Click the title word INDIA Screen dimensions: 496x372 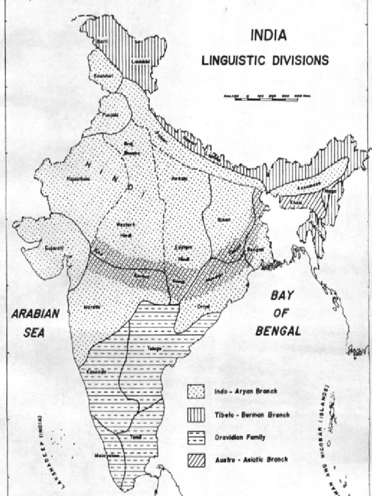[x=268, y=36]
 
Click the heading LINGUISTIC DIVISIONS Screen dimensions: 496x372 [x=265, y=61]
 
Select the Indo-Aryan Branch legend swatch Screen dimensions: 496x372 [x=196, y=391]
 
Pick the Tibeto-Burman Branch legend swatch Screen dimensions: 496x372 [x=196, y=414]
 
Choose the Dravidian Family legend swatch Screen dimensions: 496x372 [x=196, y=437]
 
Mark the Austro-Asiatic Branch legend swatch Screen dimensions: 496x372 [x=196, y=459]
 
